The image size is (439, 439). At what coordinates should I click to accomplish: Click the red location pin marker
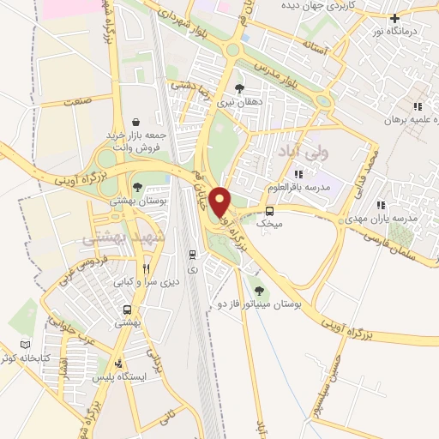(221, 202)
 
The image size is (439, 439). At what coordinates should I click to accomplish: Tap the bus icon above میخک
(270, 211)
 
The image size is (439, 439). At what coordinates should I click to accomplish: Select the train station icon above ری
(194, 255)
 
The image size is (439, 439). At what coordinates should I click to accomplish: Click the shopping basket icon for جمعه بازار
(136, 122)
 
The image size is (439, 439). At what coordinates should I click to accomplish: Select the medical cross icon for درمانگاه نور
(394, 19)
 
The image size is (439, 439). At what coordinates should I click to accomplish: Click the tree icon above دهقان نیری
(239, 87)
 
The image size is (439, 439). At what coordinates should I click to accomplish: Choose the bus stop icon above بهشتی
(127, 310)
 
